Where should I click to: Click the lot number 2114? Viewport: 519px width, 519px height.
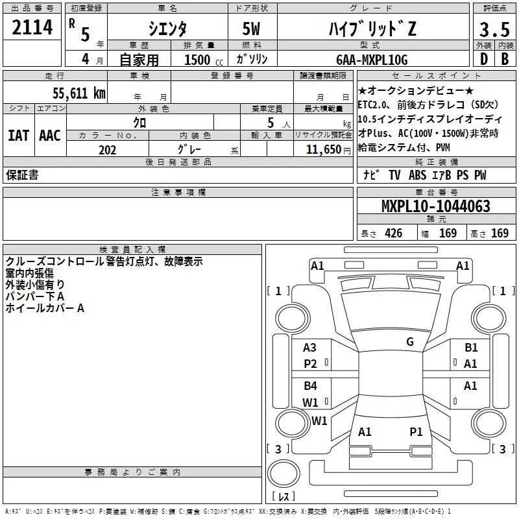click(x=32, y=27)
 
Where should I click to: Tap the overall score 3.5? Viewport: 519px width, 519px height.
click(x=494, y=29)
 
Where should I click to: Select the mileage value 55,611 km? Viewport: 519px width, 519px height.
click(x=79, y=93)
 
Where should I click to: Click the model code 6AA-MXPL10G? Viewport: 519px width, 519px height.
click(x=372, y=60)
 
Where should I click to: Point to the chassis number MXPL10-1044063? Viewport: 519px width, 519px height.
click(x=436, y=206)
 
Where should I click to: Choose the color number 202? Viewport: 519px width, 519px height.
click(x=107, y=150)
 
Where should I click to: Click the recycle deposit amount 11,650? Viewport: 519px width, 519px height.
click(x=324, y=150)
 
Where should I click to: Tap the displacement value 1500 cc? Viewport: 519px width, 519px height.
click(x=204, y=60)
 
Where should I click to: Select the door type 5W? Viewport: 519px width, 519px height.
click(x=251, y=29)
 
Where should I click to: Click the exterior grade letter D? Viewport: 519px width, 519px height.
click(x=484, y=59)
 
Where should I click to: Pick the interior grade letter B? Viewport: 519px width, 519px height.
click(x=505, y=59)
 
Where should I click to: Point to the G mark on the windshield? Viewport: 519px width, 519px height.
click(x=410, y=341)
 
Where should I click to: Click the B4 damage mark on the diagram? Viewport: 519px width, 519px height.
click(x=310, y=385)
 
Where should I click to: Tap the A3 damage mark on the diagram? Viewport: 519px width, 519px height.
click(x=309, y=348)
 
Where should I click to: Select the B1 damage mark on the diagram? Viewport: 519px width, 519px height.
click(x=471, y=348)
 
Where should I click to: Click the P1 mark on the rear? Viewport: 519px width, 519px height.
click(x=416, y=432)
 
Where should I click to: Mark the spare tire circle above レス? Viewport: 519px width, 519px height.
click(x=284, y=474)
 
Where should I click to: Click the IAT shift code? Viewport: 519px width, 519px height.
click(x=18, y=136)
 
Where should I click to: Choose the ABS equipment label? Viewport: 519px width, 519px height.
click(x=417, y=175)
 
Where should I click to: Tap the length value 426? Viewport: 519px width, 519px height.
click(x=394, y=233)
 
